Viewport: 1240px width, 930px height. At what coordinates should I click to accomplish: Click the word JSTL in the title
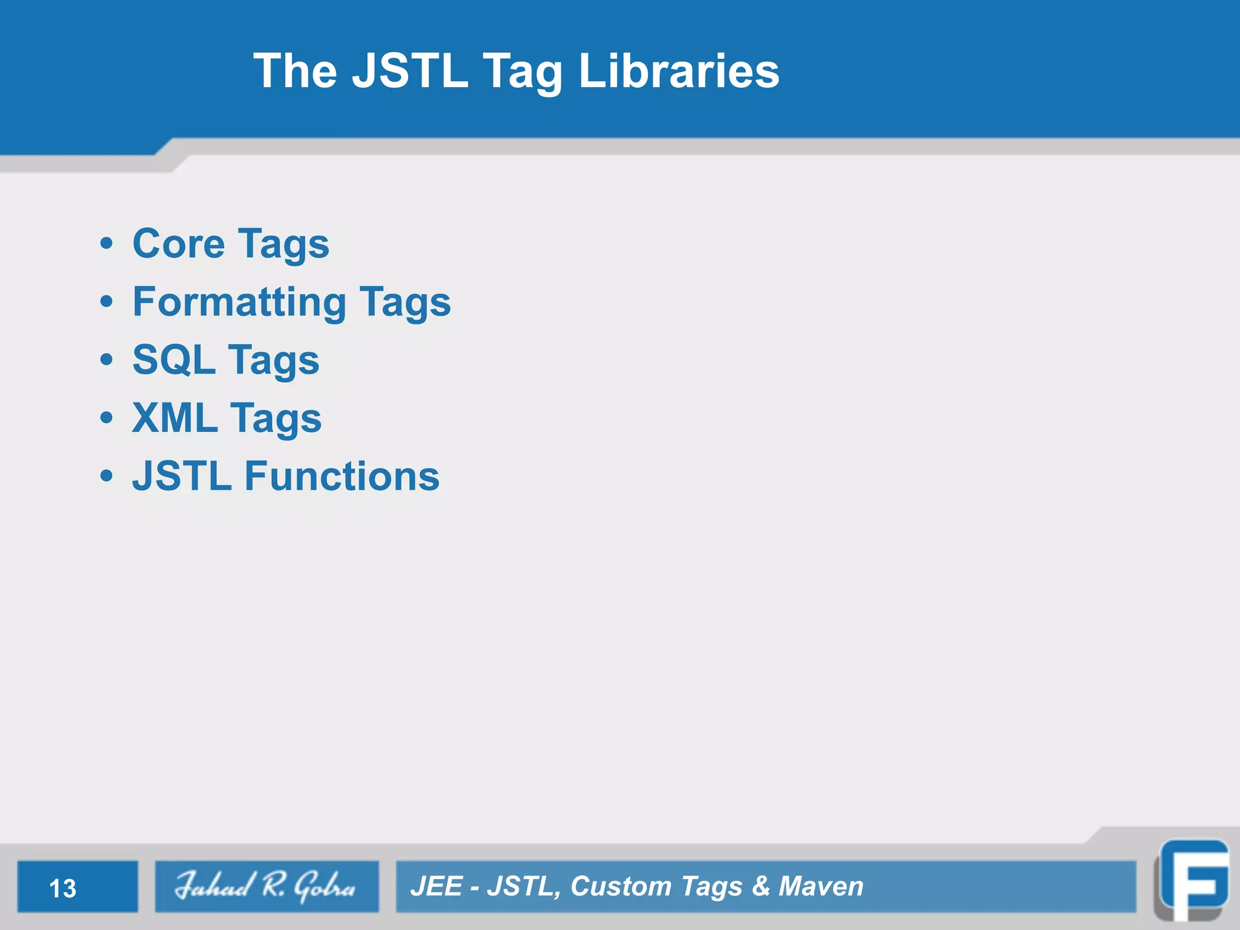click(410, 71)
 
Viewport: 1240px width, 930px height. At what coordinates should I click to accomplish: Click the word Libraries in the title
click(679, 71)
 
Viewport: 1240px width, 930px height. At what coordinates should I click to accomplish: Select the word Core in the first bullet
click(179, 244)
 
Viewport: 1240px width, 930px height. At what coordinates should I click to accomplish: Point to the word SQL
click(174, 360)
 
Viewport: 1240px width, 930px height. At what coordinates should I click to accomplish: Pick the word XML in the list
click(175, 418)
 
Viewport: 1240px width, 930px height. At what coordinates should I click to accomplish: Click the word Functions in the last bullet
click(341, 476)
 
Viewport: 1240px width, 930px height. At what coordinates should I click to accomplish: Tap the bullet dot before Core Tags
click(107, 244)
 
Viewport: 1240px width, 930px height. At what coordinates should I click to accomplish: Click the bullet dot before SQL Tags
click(107, 360)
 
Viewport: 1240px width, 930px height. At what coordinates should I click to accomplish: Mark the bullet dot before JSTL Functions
click(107, 476)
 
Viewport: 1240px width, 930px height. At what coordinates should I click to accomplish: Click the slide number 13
click(62, 888)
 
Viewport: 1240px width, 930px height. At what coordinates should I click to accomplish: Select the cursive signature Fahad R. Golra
click(265, 886)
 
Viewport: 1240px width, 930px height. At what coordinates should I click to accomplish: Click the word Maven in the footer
click(820, 886)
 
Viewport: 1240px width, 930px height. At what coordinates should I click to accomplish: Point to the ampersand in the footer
click(760, 886)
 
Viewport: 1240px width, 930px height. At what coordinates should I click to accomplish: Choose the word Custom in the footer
click(621, 886)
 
